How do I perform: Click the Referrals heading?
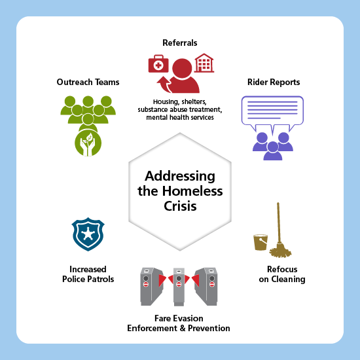[x=180, y=43]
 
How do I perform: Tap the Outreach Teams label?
[x=88, y=82]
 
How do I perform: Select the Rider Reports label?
[x=274, y=82]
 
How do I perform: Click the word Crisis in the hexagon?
[x=180, y=206]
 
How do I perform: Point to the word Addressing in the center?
[x=180, y=176]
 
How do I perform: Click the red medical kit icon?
[x=158, y=63]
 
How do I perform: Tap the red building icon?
[x=204, y=63]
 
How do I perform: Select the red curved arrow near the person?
[x=164, y=84]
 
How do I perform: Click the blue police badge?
[x=88, y=234]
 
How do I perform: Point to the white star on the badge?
[x=88, y=234]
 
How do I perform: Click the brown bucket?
[x=261, y=242]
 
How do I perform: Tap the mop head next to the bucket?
[x=280, y=251]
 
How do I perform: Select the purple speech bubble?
[x=272, y=113]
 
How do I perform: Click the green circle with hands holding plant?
[x=88, y=143]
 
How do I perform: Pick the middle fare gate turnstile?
[x=179, y=287]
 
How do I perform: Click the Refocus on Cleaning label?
[x=282, y=274]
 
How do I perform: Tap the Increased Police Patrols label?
[x=88, y=274]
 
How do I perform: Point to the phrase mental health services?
[x=180, y=118]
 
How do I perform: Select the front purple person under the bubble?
[x=273, y=151]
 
